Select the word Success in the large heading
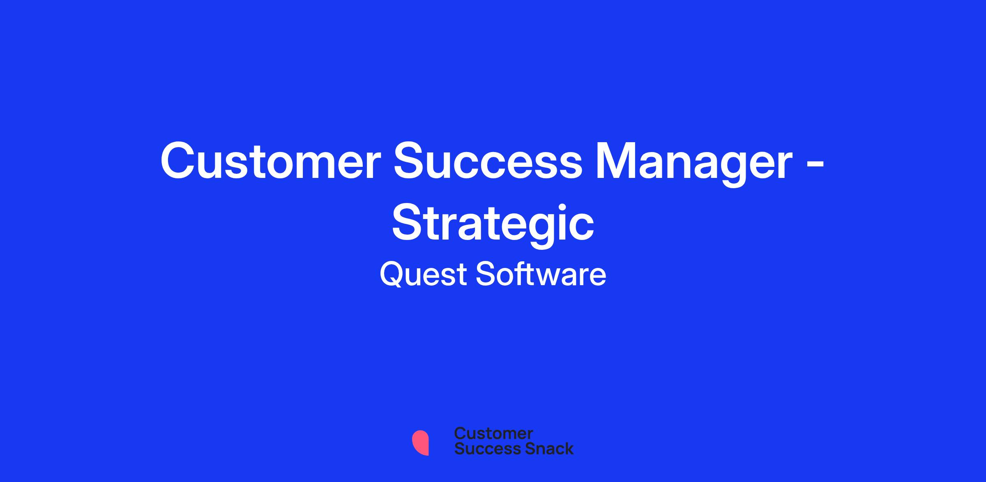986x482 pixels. click(x=488, y=161)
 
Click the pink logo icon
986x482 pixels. click(x=420, y=443)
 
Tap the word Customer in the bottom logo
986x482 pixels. click(x=493, y=434)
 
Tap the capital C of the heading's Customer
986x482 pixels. click(x=179, y=161)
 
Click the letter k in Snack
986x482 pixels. click(x=568, y=449)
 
